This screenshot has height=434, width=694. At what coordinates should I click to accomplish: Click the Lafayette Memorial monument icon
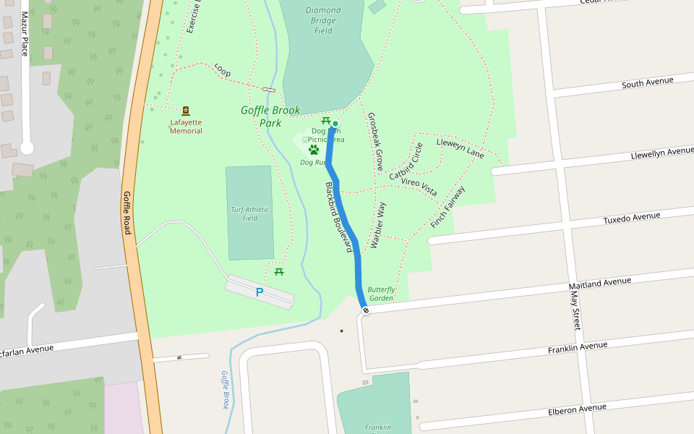[x=186, y=111]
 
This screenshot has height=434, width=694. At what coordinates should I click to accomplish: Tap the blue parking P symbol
[x=260, y=292]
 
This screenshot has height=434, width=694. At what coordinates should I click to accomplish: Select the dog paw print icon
[x=314, y=150]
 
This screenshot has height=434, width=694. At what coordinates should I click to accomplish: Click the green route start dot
[x=335, y=124]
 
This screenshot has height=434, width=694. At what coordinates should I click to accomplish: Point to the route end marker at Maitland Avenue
[x=366, y=310]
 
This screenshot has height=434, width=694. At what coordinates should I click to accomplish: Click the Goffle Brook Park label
[x=270, y=116]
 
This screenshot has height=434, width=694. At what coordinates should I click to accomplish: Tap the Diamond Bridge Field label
[x=323, y=20]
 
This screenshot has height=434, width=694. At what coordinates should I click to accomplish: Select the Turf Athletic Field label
[x=250, y=213]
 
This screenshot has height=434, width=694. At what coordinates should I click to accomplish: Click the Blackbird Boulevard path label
[x=338, y=217]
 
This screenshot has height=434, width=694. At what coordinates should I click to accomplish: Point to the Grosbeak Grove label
[x=375, y=141]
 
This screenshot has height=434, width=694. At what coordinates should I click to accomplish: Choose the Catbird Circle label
[x=406, y=162]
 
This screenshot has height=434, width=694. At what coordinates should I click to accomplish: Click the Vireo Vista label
[x=419, y=187]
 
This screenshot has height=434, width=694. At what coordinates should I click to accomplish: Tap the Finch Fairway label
[x=447, y=208]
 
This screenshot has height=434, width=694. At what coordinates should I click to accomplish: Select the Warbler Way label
[x=377, y=226]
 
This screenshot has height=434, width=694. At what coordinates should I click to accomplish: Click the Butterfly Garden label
[x=381, y=294]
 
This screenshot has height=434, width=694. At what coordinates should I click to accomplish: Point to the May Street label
[x=575, y=310]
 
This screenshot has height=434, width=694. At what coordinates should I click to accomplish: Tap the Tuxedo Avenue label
[x=632, y=217]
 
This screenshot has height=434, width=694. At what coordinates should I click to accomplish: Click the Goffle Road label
[x=127, y=213]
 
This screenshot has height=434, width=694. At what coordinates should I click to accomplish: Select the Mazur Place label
[x=24, y=34]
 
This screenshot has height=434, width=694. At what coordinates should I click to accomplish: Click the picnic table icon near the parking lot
[x=279, y=271]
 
